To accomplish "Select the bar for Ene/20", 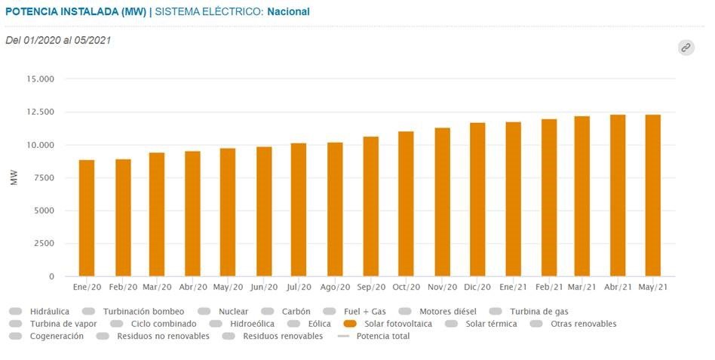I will pyautogui.click(x=87, y=218).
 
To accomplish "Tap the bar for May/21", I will pyautogui.click(x=653, y=195).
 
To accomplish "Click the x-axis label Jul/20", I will pyautogui.click(x=299, y=288).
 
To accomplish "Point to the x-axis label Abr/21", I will pyautogui.click(x=618, y=288).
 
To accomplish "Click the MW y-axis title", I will pyautogui.click(x=14, y=177).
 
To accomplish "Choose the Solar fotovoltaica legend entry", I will pyautogui.click(x=392, y=324).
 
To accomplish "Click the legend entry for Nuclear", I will pyautogui.click(x=232, y=311).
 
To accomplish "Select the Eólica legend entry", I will pyautogui.click(x=308, y=324).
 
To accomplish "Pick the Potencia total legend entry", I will pyautogui.click(x=382, y=337).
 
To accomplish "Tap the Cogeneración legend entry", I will pyautogui.click(x=57, y=337).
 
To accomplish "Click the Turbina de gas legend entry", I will pyautogui.click(x=539, y=311).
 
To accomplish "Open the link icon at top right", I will pyautogui.click(x=686, y=48).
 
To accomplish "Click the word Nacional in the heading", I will pyautogui.click(x=288, y=12).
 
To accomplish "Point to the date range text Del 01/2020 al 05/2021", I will pyautogui.click(x=58, y=40).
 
